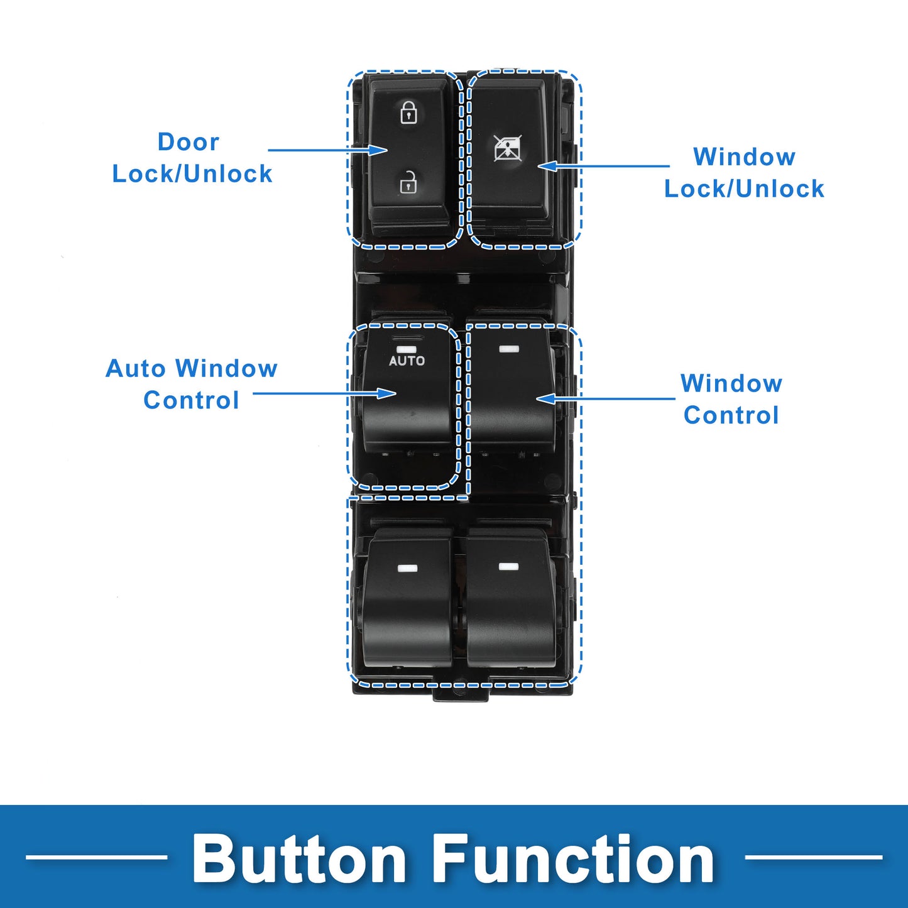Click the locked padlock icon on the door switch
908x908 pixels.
pos(408,112)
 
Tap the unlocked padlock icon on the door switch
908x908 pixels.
pos(408,182)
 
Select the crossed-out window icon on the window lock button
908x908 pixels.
pos(508,148)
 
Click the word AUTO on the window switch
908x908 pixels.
pos(407,361)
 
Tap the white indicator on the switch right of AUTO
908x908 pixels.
pos(509,349)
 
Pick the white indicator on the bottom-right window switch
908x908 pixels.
pos(509,566)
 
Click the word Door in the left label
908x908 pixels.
pos(189,142)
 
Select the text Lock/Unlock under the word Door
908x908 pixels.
pos(192,174)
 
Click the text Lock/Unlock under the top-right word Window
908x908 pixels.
pos(744,189)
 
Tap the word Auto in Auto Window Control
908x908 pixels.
pos(136,368)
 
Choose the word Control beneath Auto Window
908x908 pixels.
pos(191,400)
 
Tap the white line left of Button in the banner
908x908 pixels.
pos(97,858)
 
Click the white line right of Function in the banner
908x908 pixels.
pos(814,858)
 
